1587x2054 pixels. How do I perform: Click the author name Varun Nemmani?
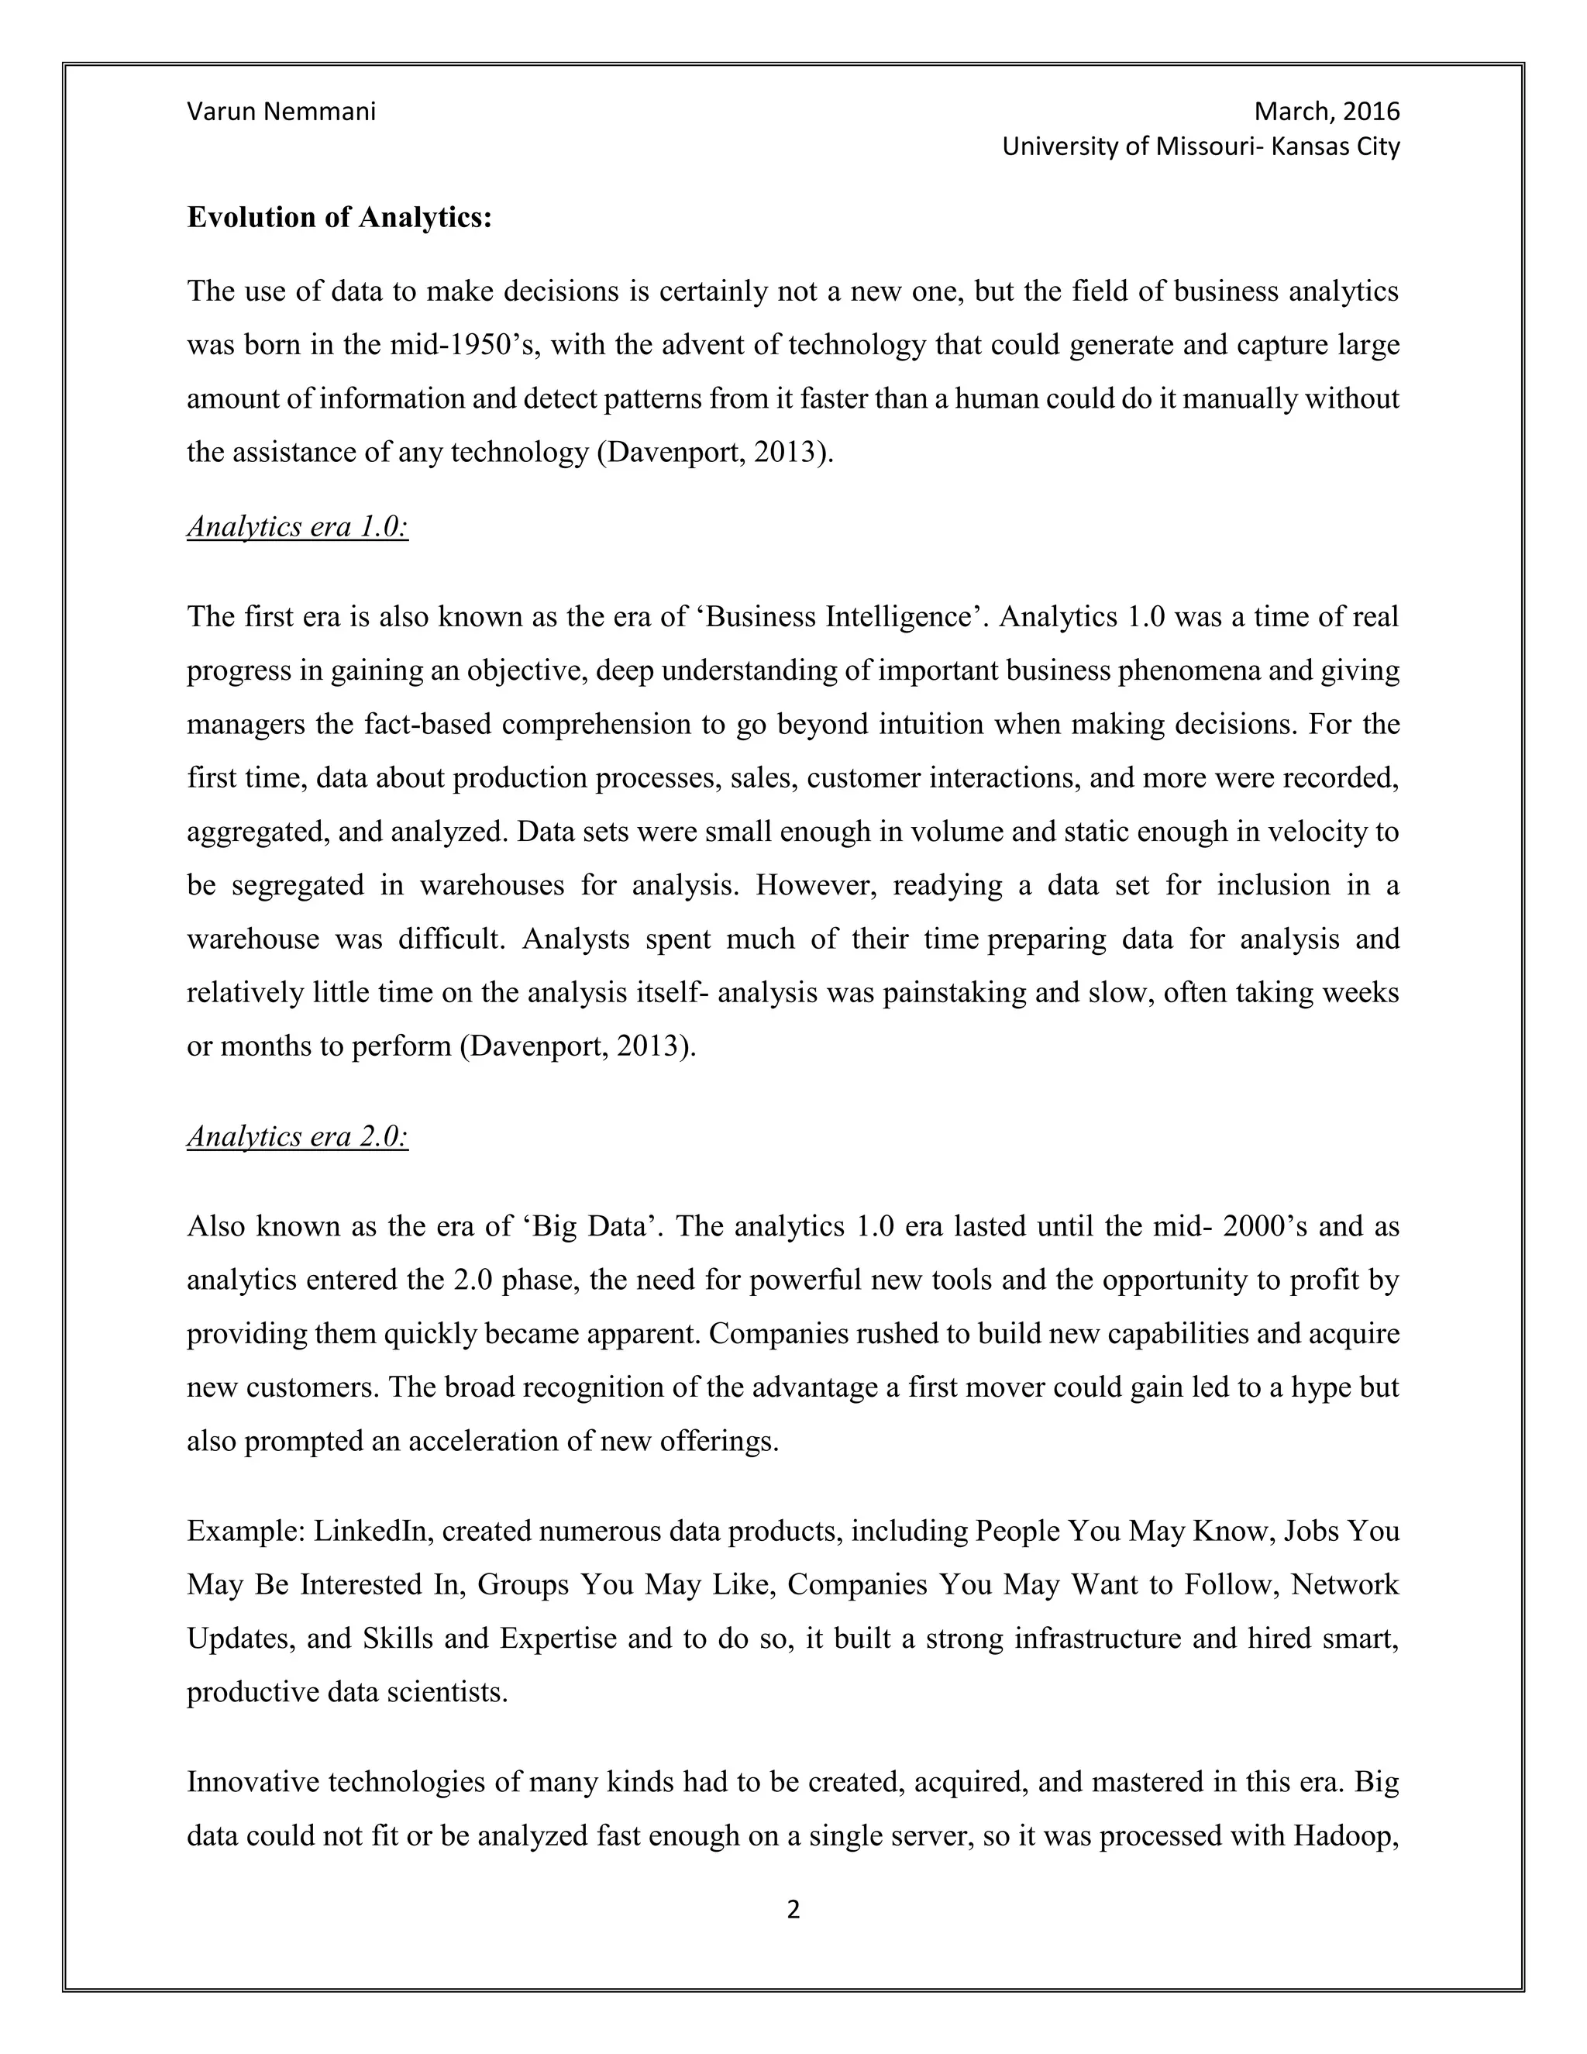[281, 112]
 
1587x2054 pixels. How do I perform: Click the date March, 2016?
[1327, 112]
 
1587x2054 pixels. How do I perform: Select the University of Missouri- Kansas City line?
[1200, 146]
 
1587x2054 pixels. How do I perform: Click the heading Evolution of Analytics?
[339, 217]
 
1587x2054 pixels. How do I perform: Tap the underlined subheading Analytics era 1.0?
[297, 526]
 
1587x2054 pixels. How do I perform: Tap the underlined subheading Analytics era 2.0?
[297, 1136]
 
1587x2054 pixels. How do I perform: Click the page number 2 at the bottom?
[793, 1909]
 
